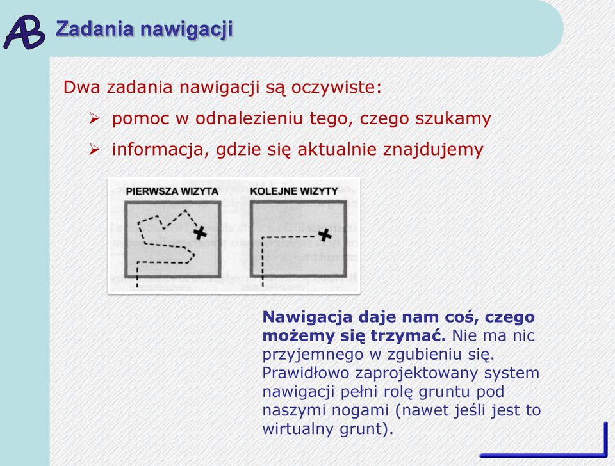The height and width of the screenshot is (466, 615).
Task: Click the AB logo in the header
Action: point(24,32)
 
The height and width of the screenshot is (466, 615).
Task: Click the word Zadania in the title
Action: point(95,29)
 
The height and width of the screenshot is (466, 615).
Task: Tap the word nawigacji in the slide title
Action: point(186,30)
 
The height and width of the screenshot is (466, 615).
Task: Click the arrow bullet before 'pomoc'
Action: point(94,118)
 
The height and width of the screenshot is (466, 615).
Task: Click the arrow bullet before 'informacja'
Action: point(94,149)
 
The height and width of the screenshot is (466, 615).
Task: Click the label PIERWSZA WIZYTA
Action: point(172,191)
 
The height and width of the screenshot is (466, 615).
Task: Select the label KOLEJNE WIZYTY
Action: point(294,191)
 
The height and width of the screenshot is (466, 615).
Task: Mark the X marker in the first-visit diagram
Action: point(200,233)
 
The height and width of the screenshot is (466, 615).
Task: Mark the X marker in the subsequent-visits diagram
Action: point(325,235)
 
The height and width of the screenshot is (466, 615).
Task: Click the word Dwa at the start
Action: point(81,87)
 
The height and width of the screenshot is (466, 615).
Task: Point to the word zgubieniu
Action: point(418,355)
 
